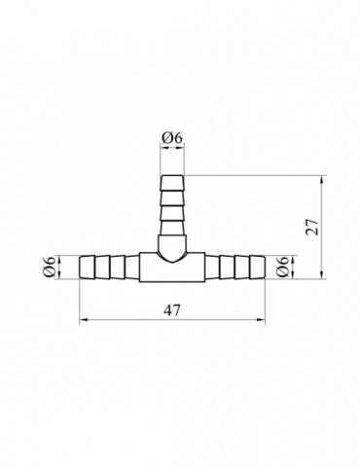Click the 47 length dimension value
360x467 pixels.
click(171, 310)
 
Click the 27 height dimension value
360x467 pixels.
click(313, 227)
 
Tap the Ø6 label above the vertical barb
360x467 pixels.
click(172, 138)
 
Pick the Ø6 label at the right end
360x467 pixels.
click(283, 267)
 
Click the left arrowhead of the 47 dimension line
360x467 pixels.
click(84, 320)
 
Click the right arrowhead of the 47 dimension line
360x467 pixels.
click(261, 320)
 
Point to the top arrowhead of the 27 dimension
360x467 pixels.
click(321, 180)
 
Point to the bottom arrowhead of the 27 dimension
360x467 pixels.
click(321, 274)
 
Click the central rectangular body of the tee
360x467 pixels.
click(172, 268)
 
